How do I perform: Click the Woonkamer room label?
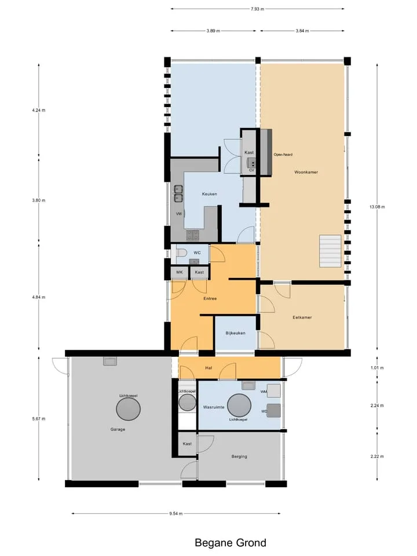306,173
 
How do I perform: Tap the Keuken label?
209,194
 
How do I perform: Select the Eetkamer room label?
302,317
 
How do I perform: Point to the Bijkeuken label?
236,333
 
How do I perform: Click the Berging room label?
239,456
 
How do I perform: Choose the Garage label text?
118,429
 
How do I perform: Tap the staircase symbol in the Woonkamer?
330,251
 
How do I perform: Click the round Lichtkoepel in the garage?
129,409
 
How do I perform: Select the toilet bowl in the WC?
181,253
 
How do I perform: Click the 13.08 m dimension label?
377,207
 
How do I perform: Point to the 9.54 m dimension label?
176,514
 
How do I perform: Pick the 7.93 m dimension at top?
257,9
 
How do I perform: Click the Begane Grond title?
231,543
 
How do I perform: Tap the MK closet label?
180,272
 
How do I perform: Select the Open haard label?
283,155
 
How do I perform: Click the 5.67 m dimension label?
39,419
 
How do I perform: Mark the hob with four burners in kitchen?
193,235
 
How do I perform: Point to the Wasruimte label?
214,407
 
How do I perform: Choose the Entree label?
210,299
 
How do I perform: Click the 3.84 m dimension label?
302,31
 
